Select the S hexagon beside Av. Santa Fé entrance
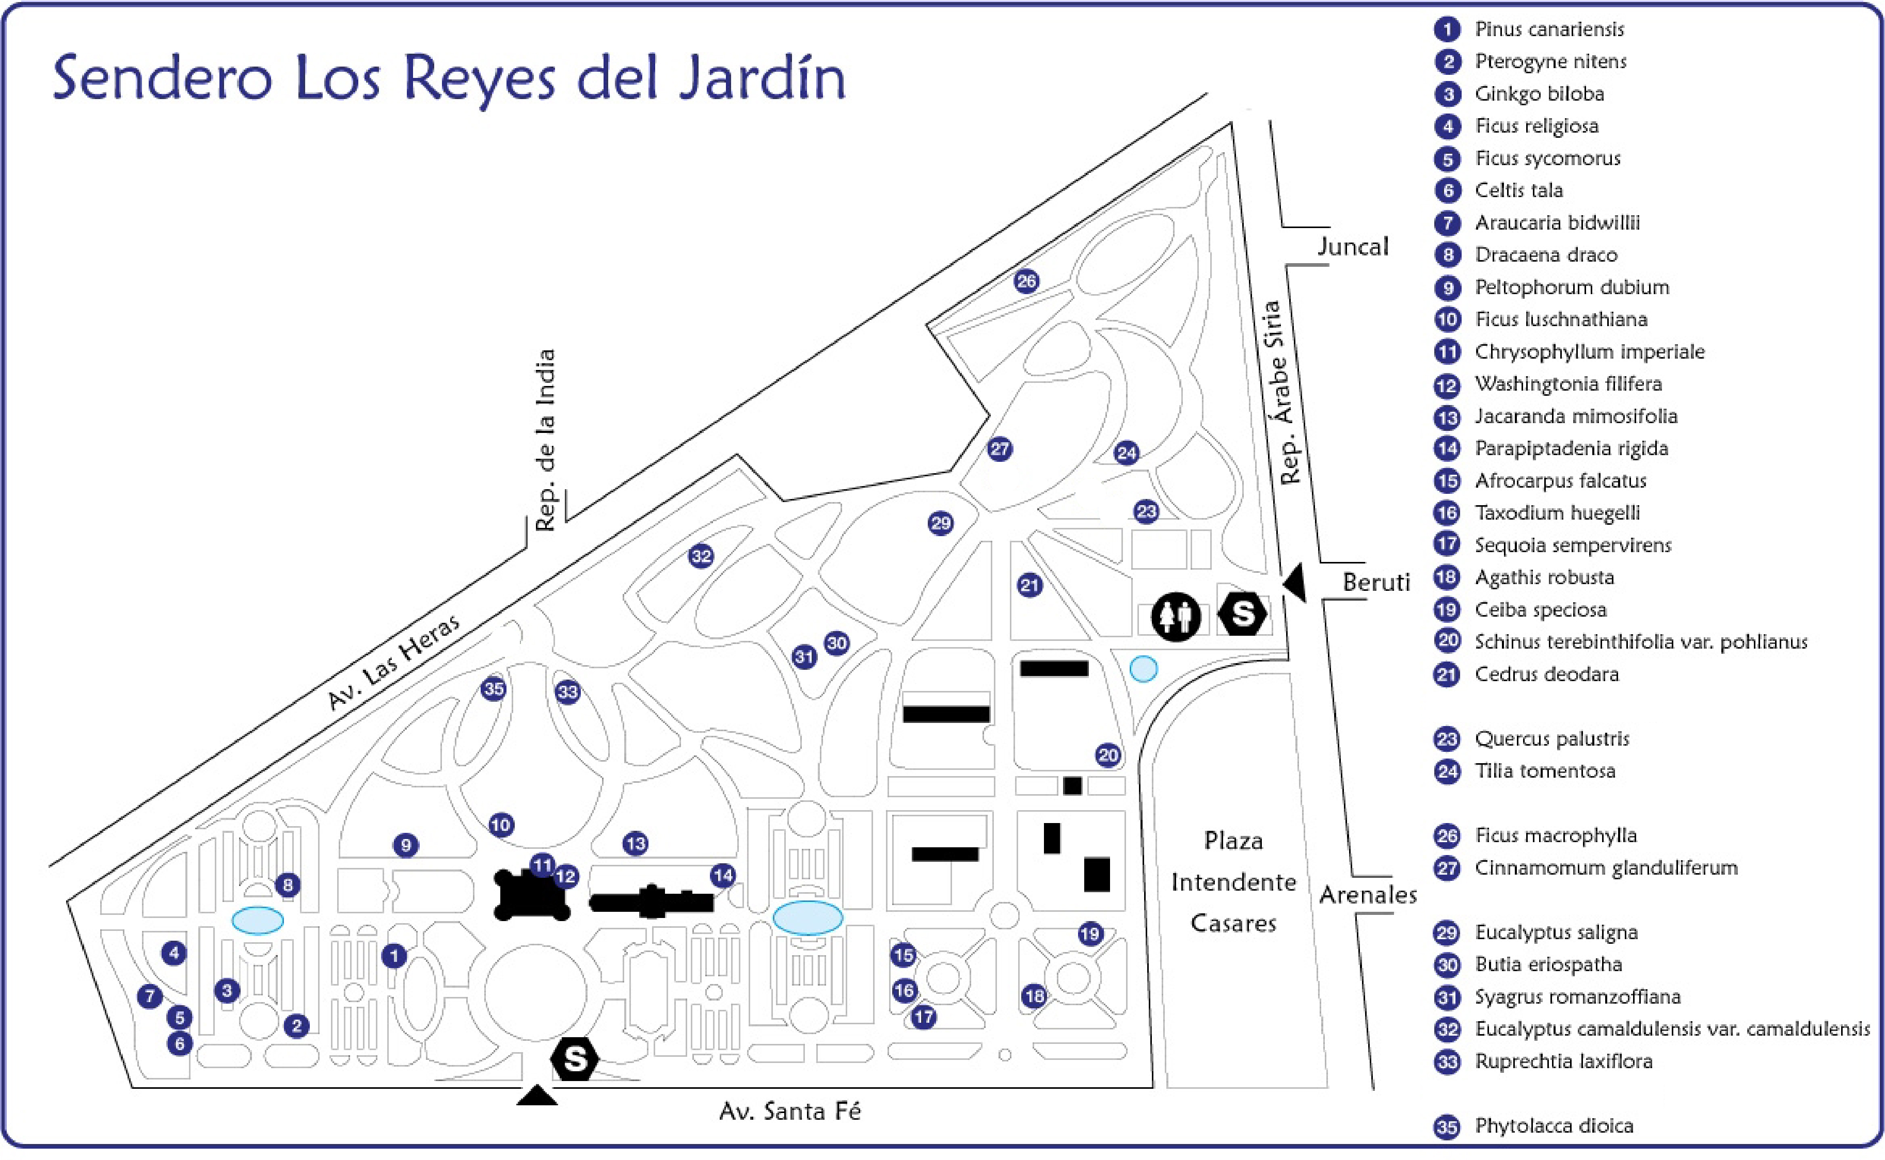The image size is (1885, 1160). [575, 1059]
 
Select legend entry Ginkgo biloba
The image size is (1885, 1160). [1539, 93]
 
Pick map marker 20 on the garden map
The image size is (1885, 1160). [1107, 755]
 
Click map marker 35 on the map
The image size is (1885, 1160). [494, 689]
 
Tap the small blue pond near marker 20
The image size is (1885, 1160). [1144, 669]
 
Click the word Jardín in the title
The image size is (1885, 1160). [762, 78]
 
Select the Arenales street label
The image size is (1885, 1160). [1368, 895]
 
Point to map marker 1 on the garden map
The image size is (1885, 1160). [394, 956]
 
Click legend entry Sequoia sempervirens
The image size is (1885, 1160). [1573, 545]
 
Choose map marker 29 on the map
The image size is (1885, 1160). [940, 524]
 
